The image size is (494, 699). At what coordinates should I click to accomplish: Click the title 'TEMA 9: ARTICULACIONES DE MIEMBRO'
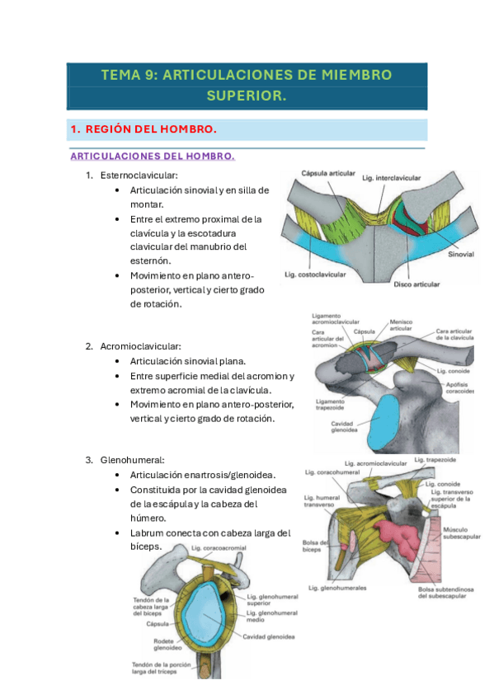pyautogui.click(x=246, y=75)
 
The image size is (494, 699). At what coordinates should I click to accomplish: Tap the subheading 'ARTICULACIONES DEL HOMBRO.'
pyautogui.click(x=153, y=156)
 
